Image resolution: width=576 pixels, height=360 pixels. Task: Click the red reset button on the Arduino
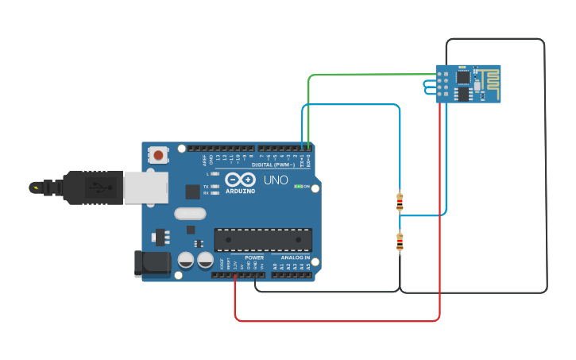click(x=159, y=155)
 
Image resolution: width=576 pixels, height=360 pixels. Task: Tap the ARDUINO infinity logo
click(x=240, y=180)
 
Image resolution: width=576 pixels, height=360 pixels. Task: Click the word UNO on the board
click(x=276, y=180)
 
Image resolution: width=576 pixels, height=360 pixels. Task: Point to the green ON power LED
click(x=298, y=186)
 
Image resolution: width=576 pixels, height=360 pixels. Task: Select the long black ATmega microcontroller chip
click(x=263, y=240)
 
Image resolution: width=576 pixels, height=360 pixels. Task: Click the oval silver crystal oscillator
click(x=190, y=213)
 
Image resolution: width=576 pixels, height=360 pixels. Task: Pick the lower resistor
click(x=400, y=242)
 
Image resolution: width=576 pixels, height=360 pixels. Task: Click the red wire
click(x=334, y=321)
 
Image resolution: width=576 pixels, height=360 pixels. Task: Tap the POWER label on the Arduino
click(x=254, y=257)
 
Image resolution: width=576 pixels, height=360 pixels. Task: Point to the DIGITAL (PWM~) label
click(x=274, y=165)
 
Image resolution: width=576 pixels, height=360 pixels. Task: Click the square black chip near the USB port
click(x=192, y=191)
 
